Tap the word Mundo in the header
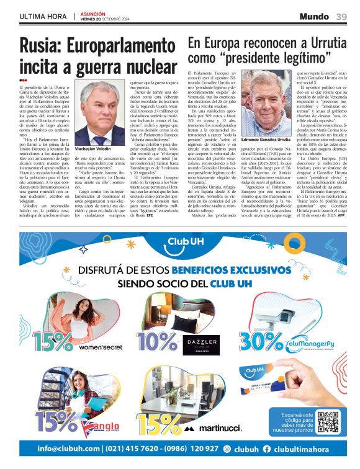314,16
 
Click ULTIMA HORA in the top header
43,16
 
